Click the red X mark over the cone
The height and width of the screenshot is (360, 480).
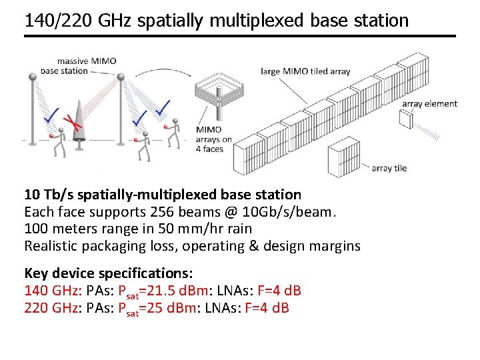(x=69, y=120)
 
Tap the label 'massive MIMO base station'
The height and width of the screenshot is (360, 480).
(x=78, y=65)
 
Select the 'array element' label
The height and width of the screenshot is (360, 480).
(x=429, y=103)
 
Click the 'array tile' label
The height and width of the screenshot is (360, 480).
(x=389, y=168)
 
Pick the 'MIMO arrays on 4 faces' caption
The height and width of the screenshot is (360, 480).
(x=214, y=139)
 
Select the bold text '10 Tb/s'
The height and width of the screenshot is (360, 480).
(x=47, y=195)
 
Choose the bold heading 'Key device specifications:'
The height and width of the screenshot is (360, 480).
(x=109, y=273)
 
